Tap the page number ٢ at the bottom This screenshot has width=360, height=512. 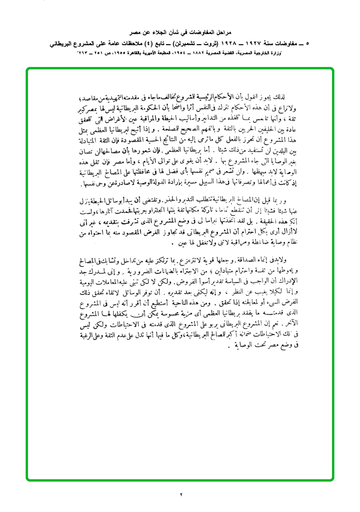click(181, 494)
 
